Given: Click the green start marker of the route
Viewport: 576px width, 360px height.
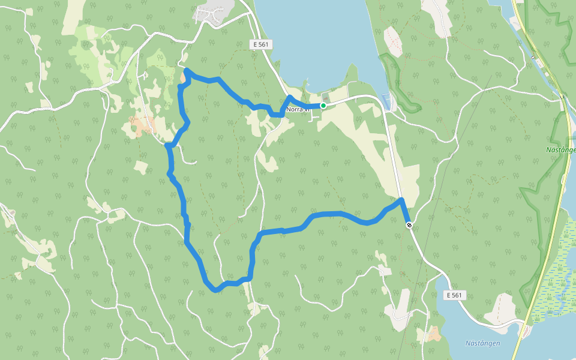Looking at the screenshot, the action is [x=323, y=106].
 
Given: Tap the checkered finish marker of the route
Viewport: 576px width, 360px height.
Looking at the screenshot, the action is [x=409, y=225].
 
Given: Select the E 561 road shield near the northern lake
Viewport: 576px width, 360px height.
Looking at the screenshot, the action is [x=260, y=44].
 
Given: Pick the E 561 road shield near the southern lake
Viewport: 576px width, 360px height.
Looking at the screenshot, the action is [x=456, y=295].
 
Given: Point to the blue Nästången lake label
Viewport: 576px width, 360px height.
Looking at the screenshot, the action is [x=483, y=343].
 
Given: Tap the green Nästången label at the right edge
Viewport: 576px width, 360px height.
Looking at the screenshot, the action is [x=562, y=149].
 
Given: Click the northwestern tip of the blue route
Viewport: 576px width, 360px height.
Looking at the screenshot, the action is [x=187, y=71].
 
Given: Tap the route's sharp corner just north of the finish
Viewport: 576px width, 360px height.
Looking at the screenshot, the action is [x=401, y=199].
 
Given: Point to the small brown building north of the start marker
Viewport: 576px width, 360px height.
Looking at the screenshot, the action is [x=326, y=96].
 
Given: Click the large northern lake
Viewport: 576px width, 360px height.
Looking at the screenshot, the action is [x=318, y=36].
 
